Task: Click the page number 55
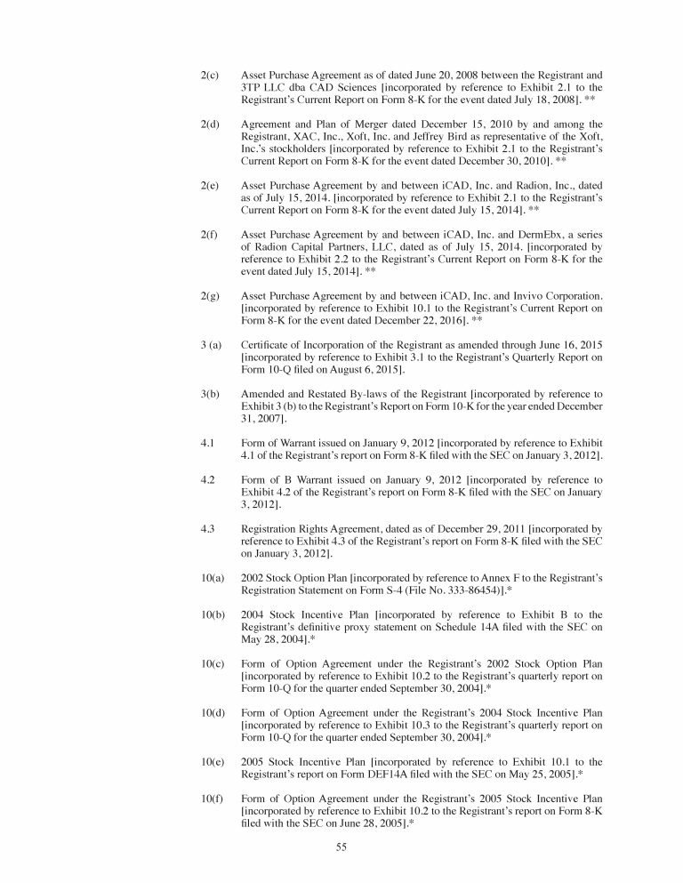[x=341, y=847]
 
